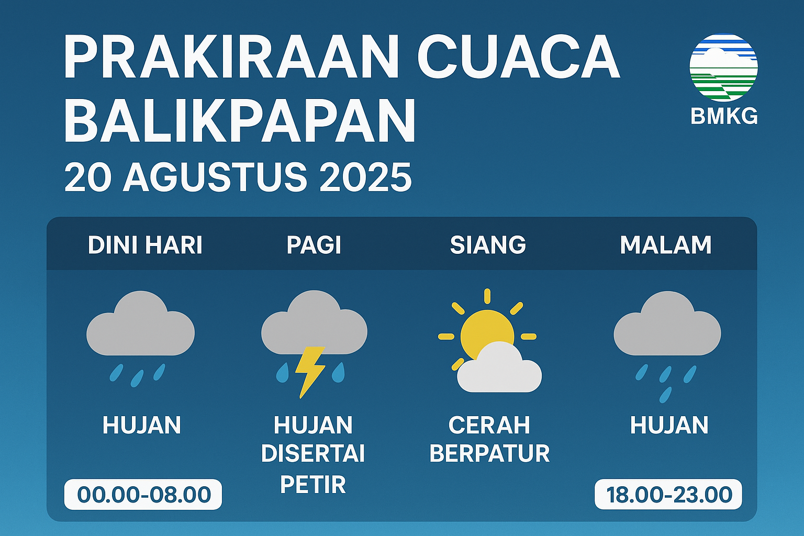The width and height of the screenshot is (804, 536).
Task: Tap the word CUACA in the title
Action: point(518,56)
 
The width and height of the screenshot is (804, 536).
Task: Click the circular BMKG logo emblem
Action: point(723,68)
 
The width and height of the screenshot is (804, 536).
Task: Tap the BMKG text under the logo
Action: point(724,116)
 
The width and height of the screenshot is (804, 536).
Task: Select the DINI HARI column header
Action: point(145,245)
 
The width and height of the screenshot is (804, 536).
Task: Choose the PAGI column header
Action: point(314,245)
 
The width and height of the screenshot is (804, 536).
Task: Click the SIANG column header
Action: point(488,245)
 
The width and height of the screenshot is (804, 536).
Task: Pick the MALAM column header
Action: point(665,245)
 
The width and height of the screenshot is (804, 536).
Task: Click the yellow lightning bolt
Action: point(310,372)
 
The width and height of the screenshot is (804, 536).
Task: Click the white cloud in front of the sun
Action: point(499,368)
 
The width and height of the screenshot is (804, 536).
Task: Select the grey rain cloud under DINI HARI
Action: point(140,323)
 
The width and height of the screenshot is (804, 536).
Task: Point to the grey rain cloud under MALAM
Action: point(667,323)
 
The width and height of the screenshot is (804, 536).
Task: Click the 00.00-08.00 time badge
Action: point(143,494)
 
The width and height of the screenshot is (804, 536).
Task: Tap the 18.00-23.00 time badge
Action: point(668,494)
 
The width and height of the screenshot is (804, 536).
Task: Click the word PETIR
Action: point(312,484)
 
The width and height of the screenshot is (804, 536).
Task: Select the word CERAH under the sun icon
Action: point(489,425)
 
